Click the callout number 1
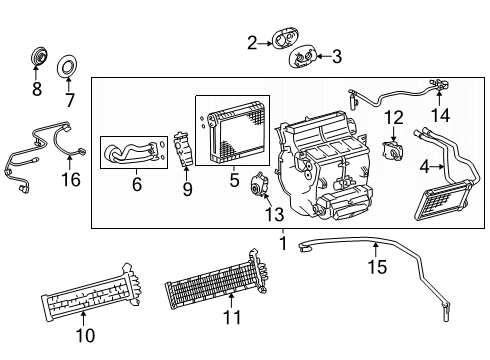tap(283, 242)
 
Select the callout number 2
tap(253, 41)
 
